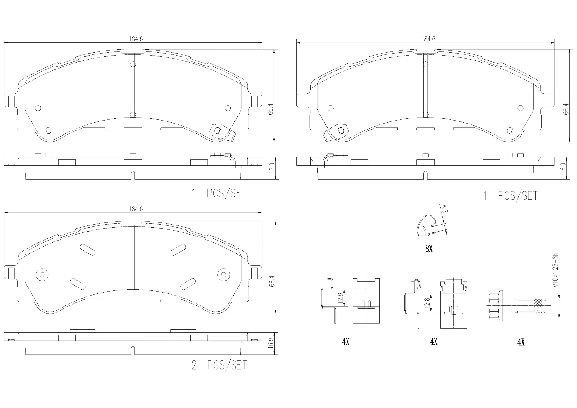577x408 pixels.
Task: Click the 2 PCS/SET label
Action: click(219, 365)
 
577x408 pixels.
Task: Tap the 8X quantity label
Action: click(429, 249)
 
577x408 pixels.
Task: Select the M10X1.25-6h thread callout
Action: click(555, 270)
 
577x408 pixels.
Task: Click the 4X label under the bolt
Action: click(521, 342)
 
